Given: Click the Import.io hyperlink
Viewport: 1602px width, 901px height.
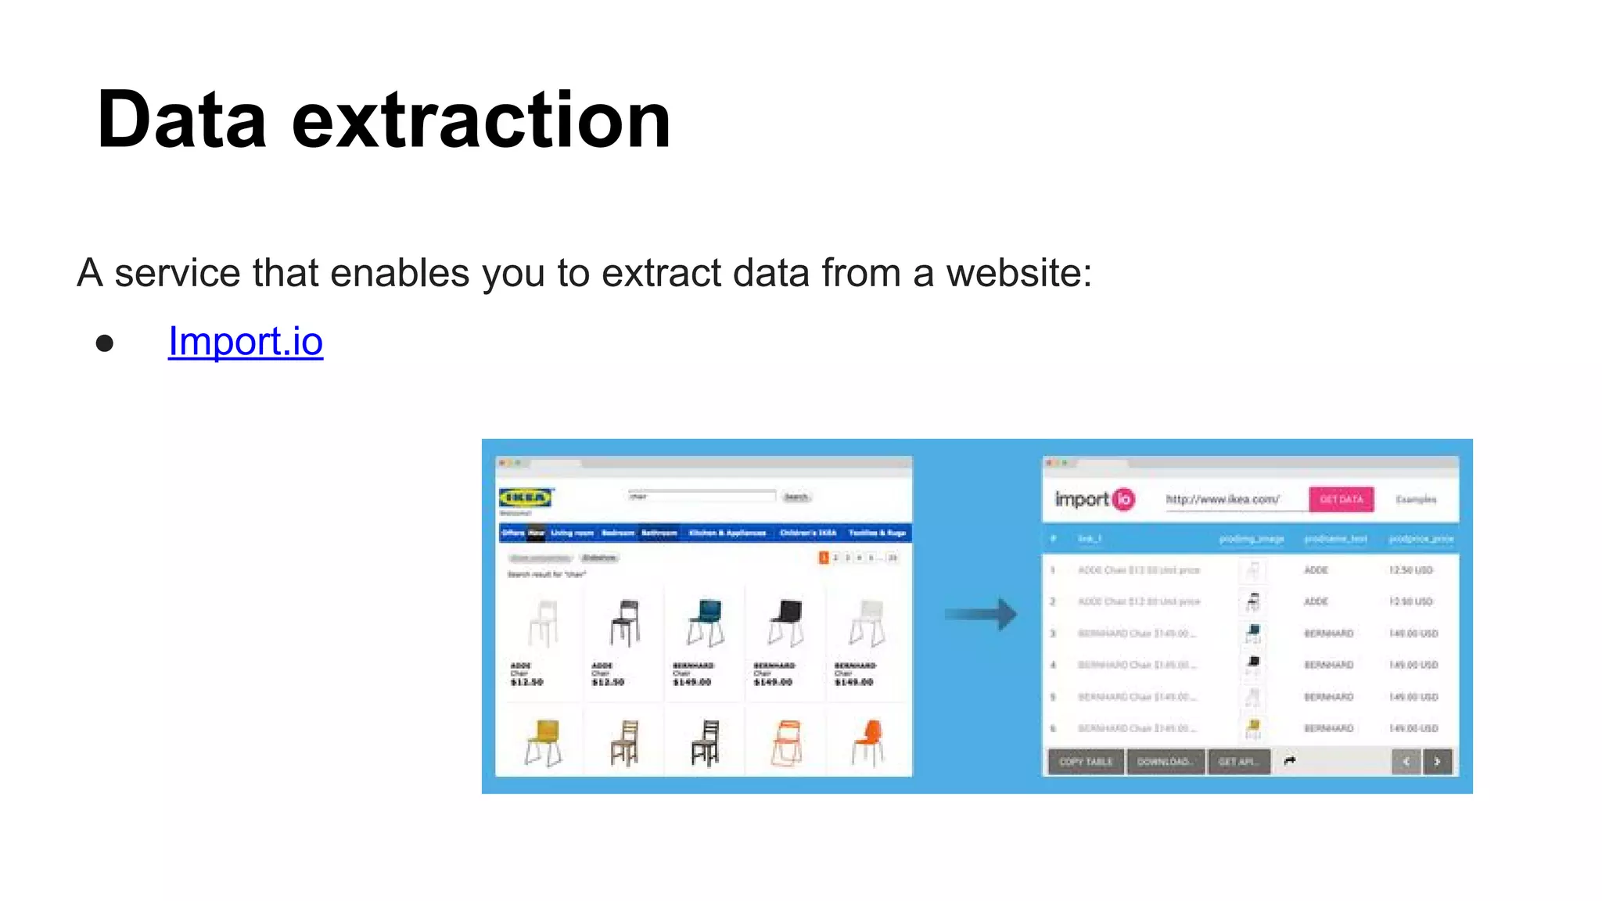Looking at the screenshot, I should click(245, 342).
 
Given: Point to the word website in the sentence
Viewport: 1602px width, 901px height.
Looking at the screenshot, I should click(1018, 273).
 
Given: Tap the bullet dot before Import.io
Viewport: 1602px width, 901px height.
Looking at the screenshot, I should click(105, 343).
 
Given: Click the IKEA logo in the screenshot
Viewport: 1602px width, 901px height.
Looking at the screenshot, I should click(526, 497).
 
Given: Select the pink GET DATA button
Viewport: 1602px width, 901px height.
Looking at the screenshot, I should click(1341, 499).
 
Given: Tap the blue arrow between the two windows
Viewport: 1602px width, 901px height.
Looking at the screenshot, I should click(981, 614).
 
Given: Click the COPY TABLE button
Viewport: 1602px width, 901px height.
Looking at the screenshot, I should click(1086, 761).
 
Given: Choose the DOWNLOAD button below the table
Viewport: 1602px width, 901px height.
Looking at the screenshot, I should click(1165, 761).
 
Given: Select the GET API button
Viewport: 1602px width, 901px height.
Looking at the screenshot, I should click(1237, 761).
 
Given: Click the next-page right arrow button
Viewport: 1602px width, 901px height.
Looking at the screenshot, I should click(1438, 761).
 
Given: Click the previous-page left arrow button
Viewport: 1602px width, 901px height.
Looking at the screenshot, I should click(1406, 761).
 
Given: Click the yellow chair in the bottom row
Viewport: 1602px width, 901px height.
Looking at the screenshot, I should click(543, 741).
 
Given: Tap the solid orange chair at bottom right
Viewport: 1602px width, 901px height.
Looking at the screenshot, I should click(867, 741).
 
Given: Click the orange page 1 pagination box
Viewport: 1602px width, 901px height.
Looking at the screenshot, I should click(823, 558).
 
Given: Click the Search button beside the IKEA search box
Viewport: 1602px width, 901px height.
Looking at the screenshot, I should click(796, 497).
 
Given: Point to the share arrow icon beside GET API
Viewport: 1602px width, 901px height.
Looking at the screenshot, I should click(1290, 761).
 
